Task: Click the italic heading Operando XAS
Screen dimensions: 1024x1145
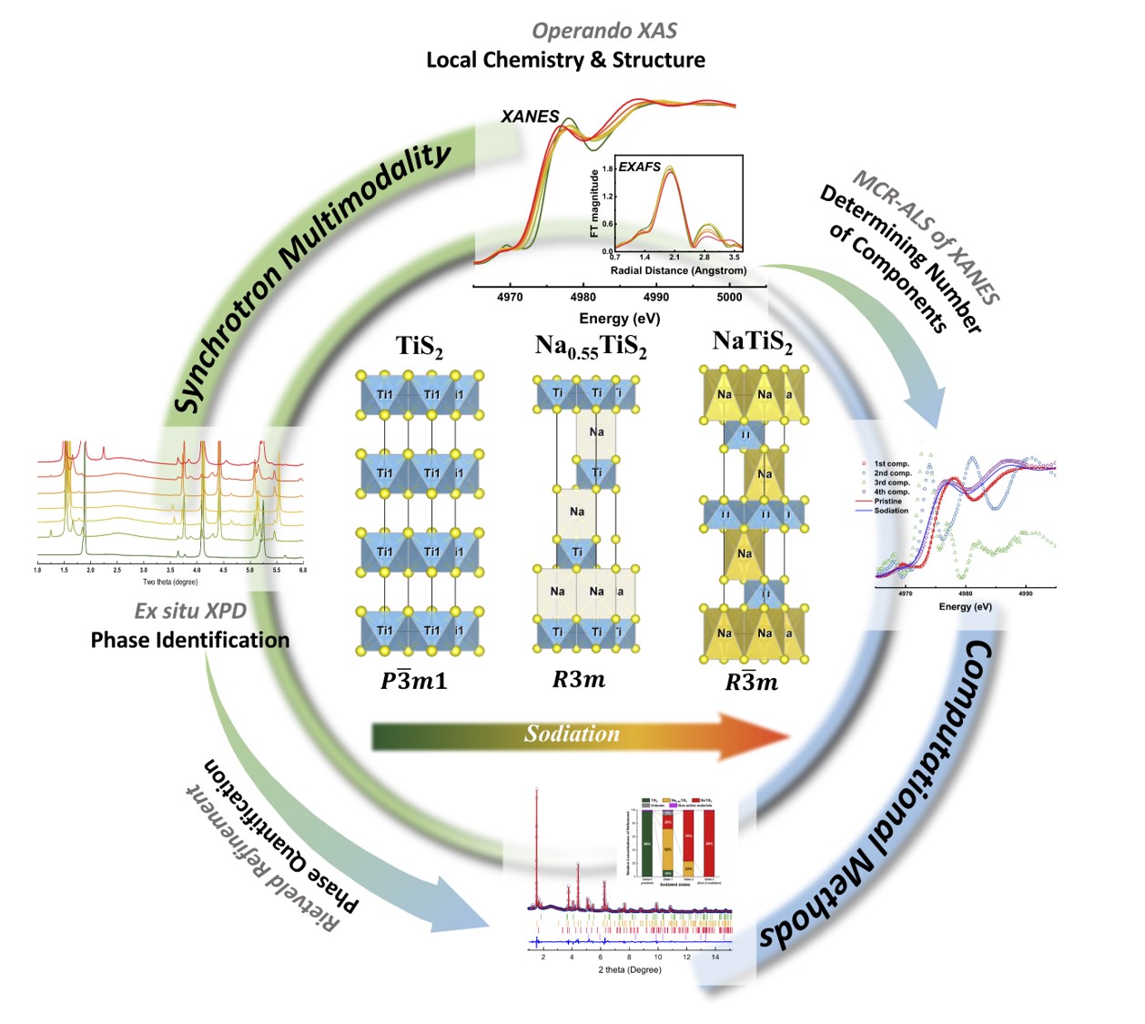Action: coord(604,30)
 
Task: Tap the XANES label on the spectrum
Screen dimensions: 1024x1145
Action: coord(530,117)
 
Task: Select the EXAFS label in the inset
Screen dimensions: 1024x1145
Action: coord(640,167)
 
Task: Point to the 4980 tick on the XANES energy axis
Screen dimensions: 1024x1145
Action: coord(583,297)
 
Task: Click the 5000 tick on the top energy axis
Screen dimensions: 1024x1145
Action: coord(729,297)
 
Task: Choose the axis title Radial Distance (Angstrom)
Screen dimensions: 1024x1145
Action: coord(678,270)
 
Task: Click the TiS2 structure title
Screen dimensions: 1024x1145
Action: coord(419,347)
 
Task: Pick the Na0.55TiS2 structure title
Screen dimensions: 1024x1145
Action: coord(591,347)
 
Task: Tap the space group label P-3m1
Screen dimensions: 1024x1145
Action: coord(414,680)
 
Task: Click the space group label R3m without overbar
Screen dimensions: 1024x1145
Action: coord(578,679)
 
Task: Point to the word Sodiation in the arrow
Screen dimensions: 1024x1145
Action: coord(572,734)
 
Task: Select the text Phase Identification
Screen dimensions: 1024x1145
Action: coord(190,640)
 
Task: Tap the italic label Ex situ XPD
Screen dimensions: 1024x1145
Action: coord(190,611)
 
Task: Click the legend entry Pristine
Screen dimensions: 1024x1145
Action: coord(887,502)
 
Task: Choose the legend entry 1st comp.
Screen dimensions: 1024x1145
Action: coord(891,463)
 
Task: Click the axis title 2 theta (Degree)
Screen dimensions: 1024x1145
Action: coord(629,969)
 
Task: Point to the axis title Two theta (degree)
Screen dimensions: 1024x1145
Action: coord(170,582)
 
